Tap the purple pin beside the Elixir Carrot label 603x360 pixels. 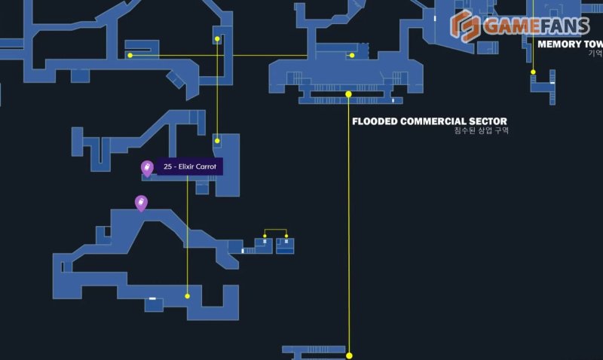[x=147, y=168]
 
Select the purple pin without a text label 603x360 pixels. [x=140, y=202]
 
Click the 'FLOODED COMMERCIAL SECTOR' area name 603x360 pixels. [x=430, y=121]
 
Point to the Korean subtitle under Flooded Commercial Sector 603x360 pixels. [x=482, y=131]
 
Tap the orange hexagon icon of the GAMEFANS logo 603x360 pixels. [x=464, y=27]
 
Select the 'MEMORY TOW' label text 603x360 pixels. [x=569, y=44]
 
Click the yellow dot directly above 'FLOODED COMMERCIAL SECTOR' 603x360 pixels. [x=348, y=94]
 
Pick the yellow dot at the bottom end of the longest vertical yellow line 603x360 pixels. [x=349, y=355]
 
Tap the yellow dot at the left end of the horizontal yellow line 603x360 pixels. [x=130, y=55]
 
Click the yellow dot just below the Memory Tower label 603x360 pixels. [x=533, y=72]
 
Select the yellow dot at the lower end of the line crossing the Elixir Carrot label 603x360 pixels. [x=188, y=296]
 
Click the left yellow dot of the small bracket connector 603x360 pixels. [x=265, y=237]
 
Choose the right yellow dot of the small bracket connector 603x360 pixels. [x=286, y=237]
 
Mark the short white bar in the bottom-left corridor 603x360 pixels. [x=152, y=299]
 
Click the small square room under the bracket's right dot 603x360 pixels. [x=285, y=246]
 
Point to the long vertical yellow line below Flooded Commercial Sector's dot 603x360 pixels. [x=349, y=226]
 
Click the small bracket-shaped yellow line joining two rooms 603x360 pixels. [x=276, y=230]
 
